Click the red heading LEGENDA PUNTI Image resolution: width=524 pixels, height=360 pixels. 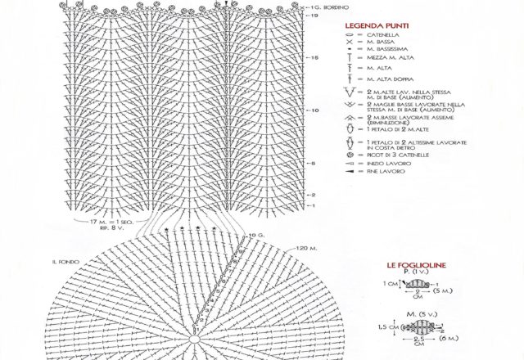coord(380,25)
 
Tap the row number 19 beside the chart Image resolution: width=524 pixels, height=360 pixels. coord(314,16)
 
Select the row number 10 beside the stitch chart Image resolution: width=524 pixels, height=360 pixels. coord(314,110)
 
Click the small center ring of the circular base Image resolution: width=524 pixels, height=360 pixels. coord(195,337)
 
